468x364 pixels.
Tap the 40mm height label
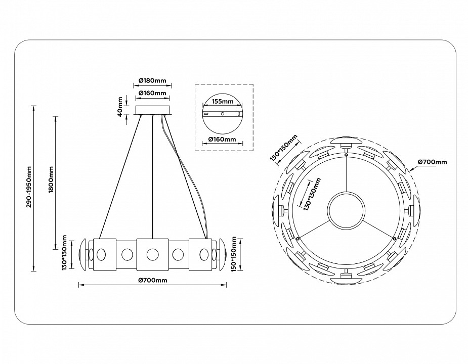(x=121, y=106)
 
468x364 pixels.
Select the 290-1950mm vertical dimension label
(x=30, y=187)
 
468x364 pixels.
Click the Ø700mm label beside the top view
(x=433, y=162)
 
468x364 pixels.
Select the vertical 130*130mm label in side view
(x=65, y=253)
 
